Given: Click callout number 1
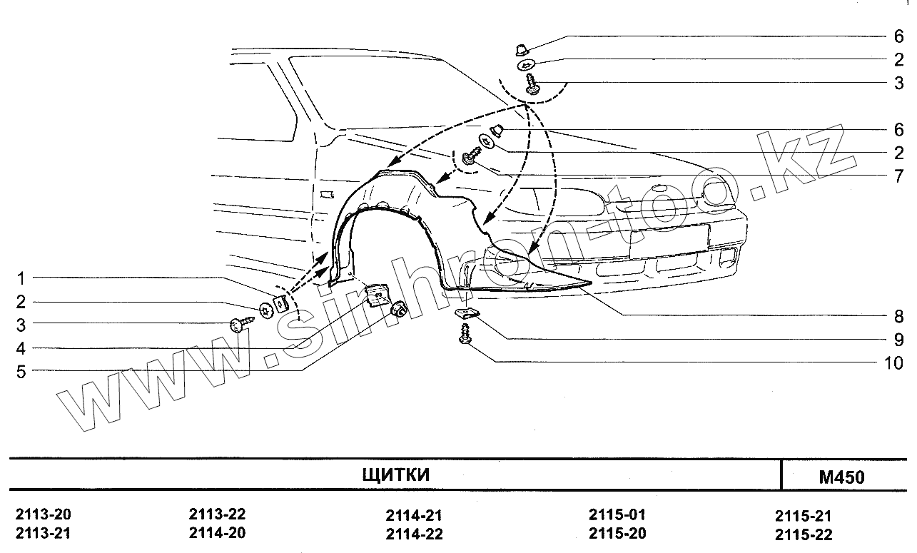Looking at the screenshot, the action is point(21,278).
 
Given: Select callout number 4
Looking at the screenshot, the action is point(21,349).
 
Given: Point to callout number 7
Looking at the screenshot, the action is point(898,176).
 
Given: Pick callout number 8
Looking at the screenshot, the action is point(898,316).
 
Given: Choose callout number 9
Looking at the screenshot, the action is point(898,340).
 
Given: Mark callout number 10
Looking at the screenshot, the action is point(893,363).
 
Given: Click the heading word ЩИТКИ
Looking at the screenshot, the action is point(396,475).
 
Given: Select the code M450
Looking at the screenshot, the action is point(841,477).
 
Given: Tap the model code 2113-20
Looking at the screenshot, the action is point(44,515).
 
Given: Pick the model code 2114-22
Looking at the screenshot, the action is point(415,534).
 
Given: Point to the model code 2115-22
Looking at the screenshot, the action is point(804,534).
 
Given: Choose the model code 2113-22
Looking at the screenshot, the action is point(218,514).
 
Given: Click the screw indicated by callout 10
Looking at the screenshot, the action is point(466,334).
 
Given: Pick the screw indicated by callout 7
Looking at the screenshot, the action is point(471,156).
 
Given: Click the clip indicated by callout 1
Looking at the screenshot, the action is point(281,304).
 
